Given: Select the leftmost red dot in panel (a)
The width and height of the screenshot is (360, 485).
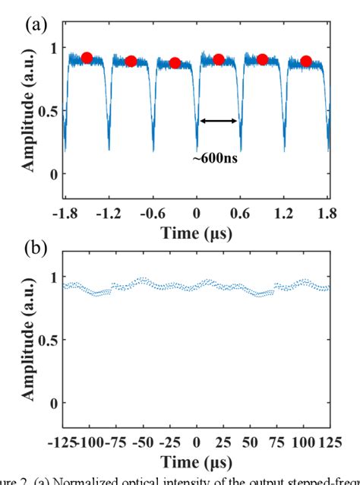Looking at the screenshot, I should (x=87, y=58).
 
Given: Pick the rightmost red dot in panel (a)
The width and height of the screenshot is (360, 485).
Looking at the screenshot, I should (x=305, y=62).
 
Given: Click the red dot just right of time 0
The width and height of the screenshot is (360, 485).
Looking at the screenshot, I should (x=219, y=59).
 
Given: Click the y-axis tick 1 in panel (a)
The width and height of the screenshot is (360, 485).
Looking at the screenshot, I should (x=52, y=48).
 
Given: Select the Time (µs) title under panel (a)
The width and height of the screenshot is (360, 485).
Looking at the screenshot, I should (x=196, y=233).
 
